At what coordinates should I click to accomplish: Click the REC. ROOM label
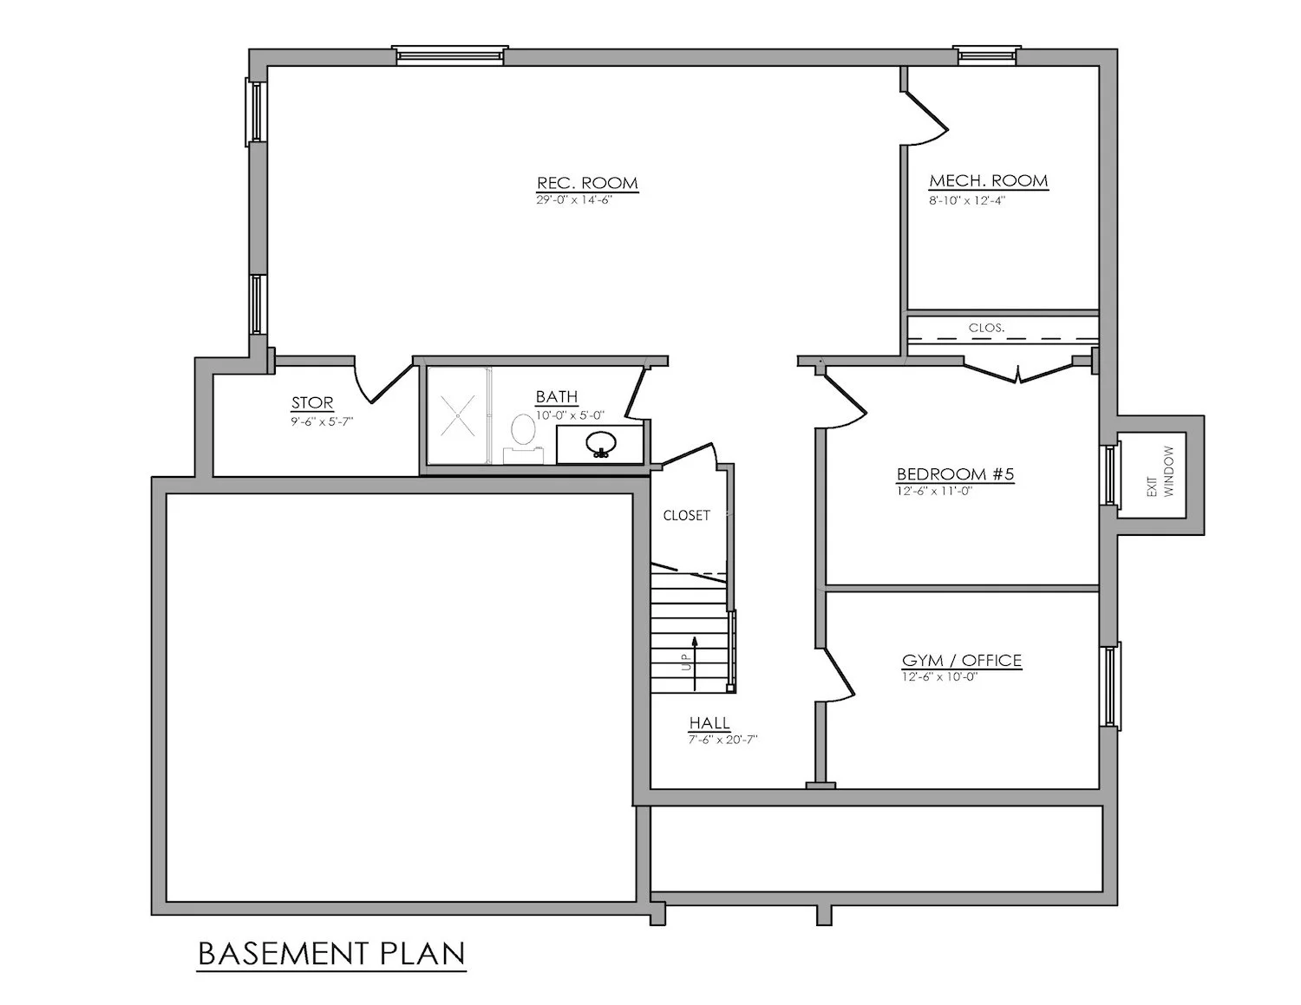tap(587, 183)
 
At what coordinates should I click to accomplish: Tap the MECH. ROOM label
tap(988, 181)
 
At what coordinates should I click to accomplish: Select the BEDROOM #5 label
tap(955, 474)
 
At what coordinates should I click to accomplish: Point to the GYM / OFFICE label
tap(962, 661)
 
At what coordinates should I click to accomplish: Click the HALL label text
tap(709, 723)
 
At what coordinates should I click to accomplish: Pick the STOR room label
tap(312, 403)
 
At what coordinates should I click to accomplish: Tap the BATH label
tap(556, 397)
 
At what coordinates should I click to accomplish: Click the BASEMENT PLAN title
tap(331, 953)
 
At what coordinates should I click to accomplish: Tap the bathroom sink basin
tap(599, 443)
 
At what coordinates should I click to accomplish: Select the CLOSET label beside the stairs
tap(686, 515)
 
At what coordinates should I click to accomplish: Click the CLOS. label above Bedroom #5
tap(986, 329)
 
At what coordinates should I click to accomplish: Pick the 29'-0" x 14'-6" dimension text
tap(580, 199)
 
